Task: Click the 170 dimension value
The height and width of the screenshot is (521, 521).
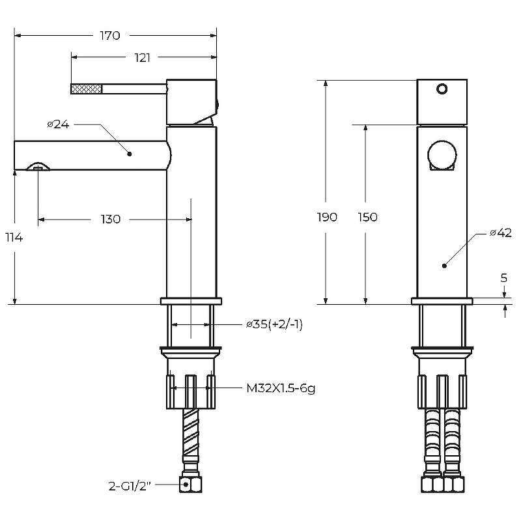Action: (110, 36)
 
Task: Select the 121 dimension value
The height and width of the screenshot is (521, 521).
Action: (142, 58)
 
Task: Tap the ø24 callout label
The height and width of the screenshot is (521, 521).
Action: (58, 124)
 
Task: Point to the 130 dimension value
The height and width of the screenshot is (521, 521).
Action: (111, 219)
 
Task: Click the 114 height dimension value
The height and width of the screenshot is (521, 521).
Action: (14, 238)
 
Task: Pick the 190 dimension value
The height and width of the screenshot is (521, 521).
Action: (328, 218)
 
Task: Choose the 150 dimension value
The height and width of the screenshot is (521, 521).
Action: (367, 218)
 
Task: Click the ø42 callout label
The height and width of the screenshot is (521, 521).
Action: (501, 233)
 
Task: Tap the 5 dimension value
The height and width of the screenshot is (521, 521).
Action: (503, 278)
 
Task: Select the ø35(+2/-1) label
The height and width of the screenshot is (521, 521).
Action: (274, 324)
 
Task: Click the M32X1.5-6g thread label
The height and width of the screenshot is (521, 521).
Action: (281, 388)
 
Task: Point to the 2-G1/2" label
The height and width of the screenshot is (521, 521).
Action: (130, 486)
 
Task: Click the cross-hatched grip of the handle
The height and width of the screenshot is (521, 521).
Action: (87, 89)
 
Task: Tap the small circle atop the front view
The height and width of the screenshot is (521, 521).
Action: (442, 89)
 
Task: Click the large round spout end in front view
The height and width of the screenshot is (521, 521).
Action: (442, 155)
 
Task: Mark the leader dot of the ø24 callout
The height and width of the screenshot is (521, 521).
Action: (130, 154)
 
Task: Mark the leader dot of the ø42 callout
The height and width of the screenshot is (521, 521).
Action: (444, 266)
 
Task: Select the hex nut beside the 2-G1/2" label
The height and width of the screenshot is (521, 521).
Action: (190, 485)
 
